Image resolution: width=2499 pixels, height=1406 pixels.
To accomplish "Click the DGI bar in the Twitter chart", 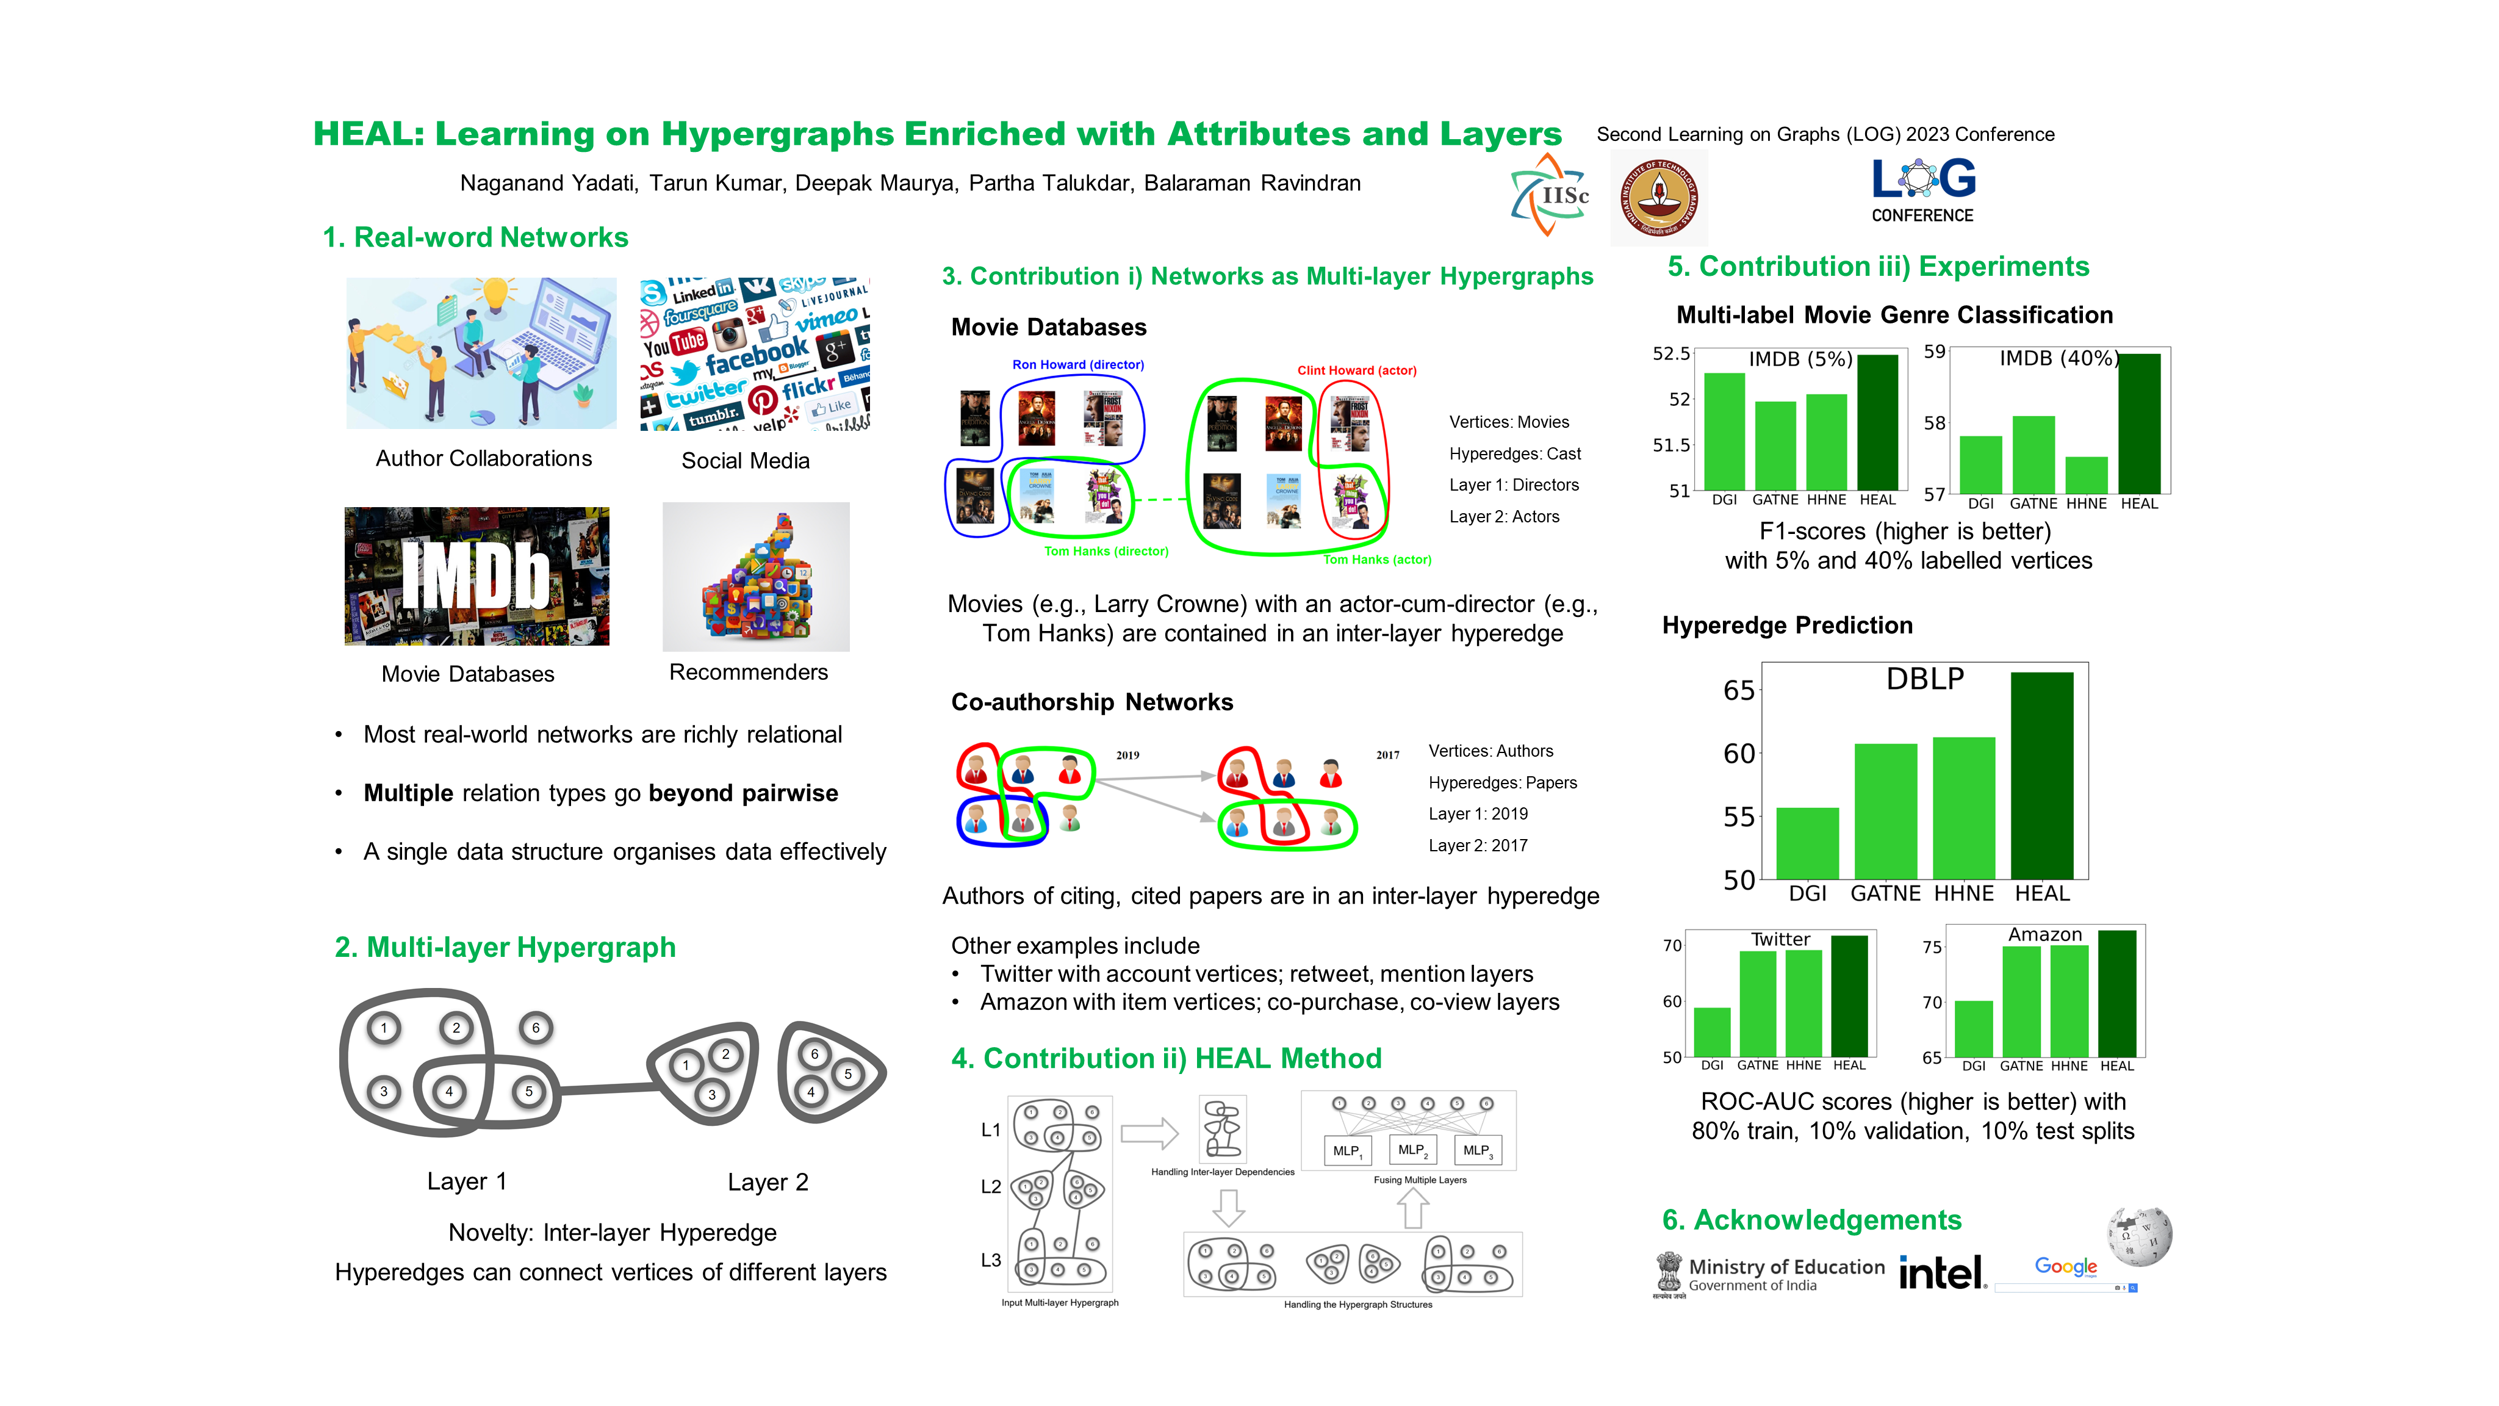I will (1711, 1031).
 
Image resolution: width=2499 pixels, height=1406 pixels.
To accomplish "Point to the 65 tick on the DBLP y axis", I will (1738, 691).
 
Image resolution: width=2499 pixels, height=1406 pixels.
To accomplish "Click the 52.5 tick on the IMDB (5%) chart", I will (1670, 354).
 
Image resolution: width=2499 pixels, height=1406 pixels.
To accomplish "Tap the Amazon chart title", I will (2044, 934).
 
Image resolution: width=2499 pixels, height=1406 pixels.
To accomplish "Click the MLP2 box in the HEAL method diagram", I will (1412, 1150).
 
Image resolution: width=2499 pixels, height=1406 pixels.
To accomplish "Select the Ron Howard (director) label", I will (1078, 365).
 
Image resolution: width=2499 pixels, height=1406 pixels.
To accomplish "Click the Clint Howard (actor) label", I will (1356, 370).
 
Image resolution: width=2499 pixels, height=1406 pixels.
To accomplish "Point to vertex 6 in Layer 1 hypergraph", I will (536, 1028).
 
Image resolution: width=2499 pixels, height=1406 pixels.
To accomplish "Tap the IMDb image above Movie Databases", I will (476, 575).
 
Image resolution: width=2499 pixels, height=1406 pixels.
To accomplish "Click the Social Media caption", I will (745, 461).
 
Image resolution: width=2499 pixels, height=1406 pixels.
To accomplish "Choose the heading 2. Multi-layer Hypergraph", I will (505, 947).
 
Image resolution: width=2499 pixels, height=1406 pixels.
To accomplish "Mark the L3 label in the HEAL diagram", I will (990, 1260).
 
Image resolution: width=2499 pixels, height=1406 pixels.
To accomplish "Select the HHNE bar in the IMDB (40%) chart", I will (2086, 475).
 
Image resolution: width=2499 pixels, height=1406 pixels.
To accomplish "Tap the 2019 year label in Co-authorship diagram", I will (1127, 755).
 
